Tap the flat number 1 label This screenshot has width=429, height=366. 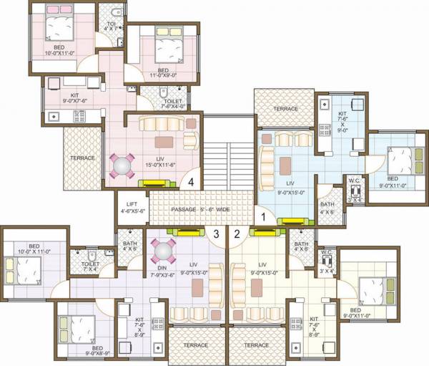pyautogui.click(x=262, y=213)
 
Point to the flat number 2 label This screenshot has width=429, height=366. pyautogui.click(x=237, y=232)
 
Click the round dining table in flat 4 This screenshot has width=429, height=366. pyautogui.click(x=122, y=165)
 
